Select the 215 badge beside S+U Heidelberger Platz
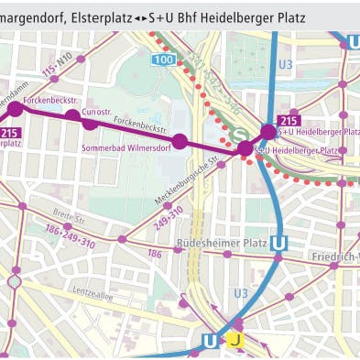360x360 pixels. [x=289, y=120]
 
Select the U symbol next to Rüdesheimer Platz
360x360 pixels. [x=279, y=244]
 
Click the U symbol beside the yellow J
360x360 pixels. [x=210, y=341]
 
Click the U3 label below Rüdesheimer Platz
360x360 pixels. [x=240, y=292]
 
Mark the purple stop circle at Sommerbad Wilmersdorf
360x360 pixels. [x=180, y=140]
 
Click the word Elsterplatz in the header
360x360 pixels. [x=101, y=16]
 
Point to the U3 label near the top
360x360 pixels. [x=285, y=64]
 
